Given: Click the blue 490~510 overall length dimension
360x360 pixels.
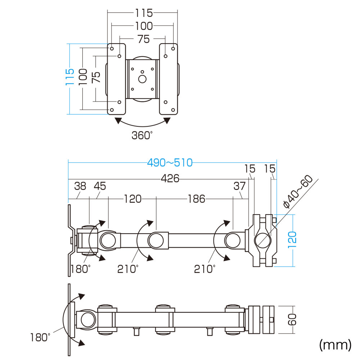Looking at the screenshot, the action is pyautogui.click(x=170, y=163).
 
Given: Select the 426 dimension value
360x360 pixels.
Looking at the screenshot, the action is pyautogui.click(x=170, y=179).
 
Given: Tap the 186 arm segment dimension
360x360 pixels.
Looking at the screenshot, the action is pyautogui.click(x=196, y=199).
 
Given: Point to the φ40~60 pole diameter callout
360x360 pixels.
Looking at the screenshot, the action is pyautogui.click(x=298, y=191).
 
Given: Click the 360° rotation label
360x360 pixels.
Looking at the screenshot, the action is pyautogui.click(x=142, y=135).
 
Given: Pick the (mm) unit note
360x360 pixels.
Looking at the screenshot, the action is pyautogui.click(x=335, y=345).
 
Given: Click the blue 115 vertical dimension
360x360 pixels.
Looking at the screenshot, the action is pyautogui.click(x=70, y=77).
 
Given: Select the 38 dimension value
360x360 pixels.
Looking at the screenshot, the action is pyautogui.click(x=80, y=186).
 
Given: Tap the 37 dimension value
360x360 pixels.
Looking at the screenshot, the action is pyautogui.click(x=239, y=186).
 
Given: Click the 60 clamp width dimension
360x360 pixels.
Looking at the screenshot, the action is pyautogui.click(x=292, y=320).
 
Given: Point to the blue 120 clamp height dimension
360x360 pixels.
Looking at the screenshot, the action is pyautogui.click(x=292, y=240).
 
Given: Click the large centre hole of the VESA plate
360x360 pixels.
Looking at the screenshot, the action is pyautogui.click(x=142, y=79).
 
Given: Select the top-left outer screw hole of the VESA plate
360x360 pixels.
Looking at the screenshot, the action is pyautogui.click(x=112, y=49).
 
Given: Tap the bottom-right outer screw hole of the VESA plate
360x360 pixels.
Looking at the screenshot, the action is pyautogui.click(x=173, y=110).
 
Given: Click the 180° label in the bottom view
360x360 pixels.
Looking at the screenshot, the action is pyautogui.click(x=40, y=338).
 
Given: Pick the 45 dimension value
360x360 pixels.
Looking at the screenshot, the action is pyautogui.click(x=100, y=186).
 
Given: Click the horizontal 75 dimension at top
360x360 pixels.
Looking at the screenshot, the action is pyautogui.click(x=144, y=39).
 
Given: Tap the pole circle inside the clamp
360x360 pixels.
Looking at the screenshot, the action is pyautogui.click(x=263, y=240).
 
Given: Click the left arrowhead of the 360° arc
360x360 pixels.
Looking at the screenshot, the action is pyautogui.click(x=118, y=121).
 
